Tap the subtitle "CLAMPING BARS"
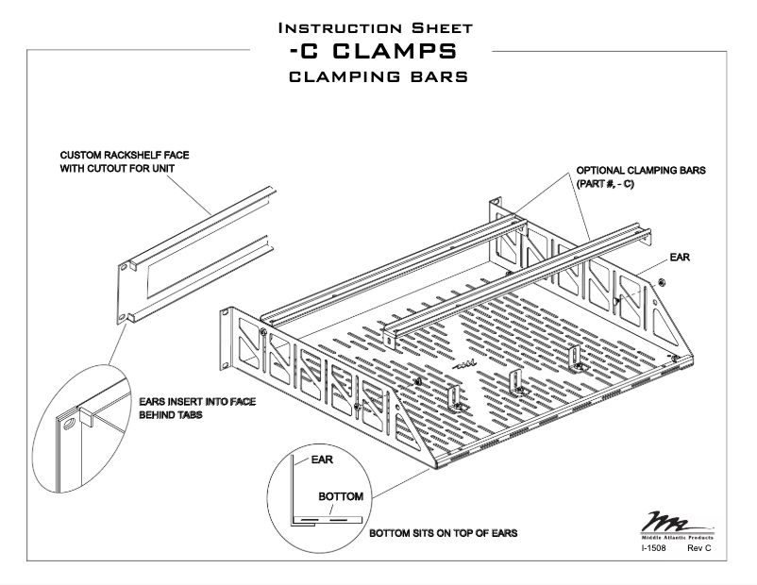378,75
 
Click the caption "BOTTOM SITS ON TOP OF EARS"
443,533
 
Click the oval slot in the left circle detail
67,427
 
